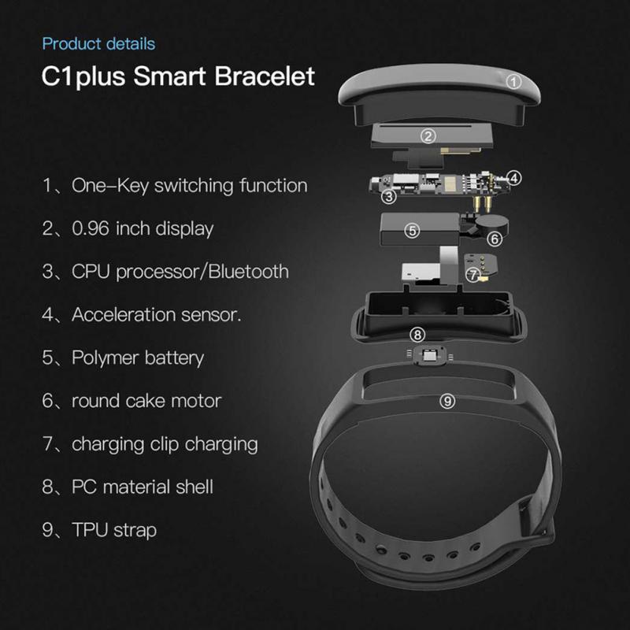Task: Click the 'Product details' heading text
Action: [x=98, y=44]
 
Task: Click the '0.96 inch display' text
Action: [x=143, y=229]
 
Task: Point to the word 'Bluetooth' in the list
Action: [x=245, y=272]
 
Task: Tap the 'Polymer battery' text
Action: [x=138, y=358]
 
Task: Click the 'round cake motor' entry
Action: [x=146, y=401]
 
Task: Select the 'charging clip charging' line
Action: [x=165, y=443]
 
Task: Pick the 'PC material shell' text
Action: [x=143, y=487]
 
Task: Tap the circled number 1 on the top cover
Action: [x=513, y=81]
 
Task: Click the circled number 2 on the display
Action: [x=428, y=136]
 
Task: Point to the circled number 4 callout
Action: [x=513, y=178]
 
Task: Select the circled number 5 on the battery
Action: [x=412, y=231]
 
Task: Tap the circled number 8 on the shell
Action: [x=418, y=335]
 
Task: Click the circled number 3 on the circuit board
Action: [x=389, y=196]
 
